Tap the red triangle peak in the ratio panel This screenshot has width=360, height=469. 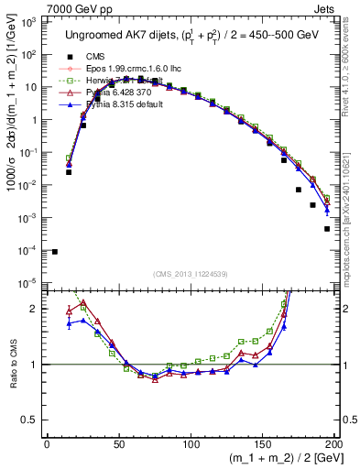tap(83, 303)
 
